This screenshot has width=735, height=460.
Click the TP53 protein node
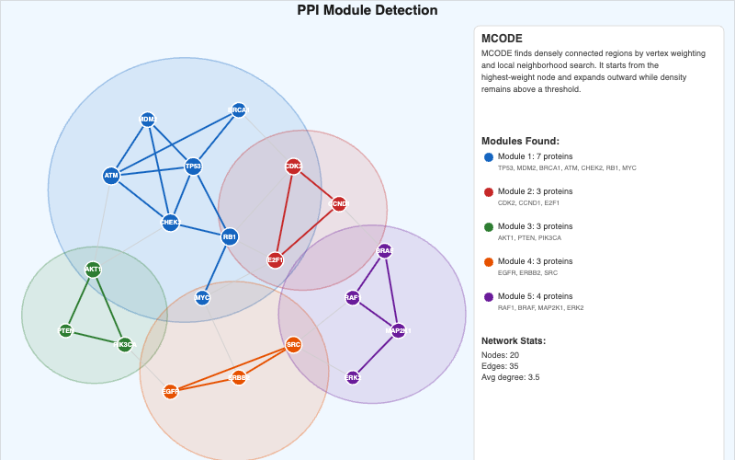[x=193, y=167]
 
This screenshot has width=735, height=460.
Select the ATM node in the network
[x=111, y=175]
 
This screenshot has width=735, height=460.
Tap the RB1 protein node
[x=230, y=236]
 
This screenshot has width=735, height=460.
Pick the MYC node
[x=202, y=297]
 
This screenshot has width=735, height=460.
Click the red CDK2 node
[x=293, y=167]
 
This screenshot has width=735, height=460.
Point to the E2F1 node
[x=275, y=260]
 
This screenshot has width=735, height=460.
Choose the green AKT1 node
[x=93, y=270]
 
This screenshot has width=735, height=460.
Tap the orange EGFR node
[x=170, y=391]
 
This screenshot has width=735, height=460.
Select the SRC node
[x=293, y=345]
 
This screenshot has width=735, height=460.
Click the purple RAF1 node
[x=353, y=297]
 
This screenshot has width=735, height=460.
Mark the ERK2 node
[x=353, y=377]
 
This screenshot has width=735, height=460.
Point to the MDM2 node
[x=147, y=120]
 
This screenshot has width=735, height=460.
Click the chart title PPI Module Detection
[x=367, y=11]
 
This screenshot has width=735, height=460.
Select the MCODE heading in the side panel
[x=503, y=39]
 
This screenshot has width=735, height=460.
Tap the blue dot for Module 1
[x=489, y=157]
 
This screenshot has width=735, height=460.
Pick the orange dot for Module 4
[x=489, y=262]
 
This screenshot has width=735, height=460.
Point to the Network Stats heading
[x=514, y=340]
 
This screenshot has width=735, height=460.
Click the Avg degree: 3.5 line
[x=510, y=376]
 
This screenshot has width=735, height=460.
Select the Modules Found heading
[x=521, y=141]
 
